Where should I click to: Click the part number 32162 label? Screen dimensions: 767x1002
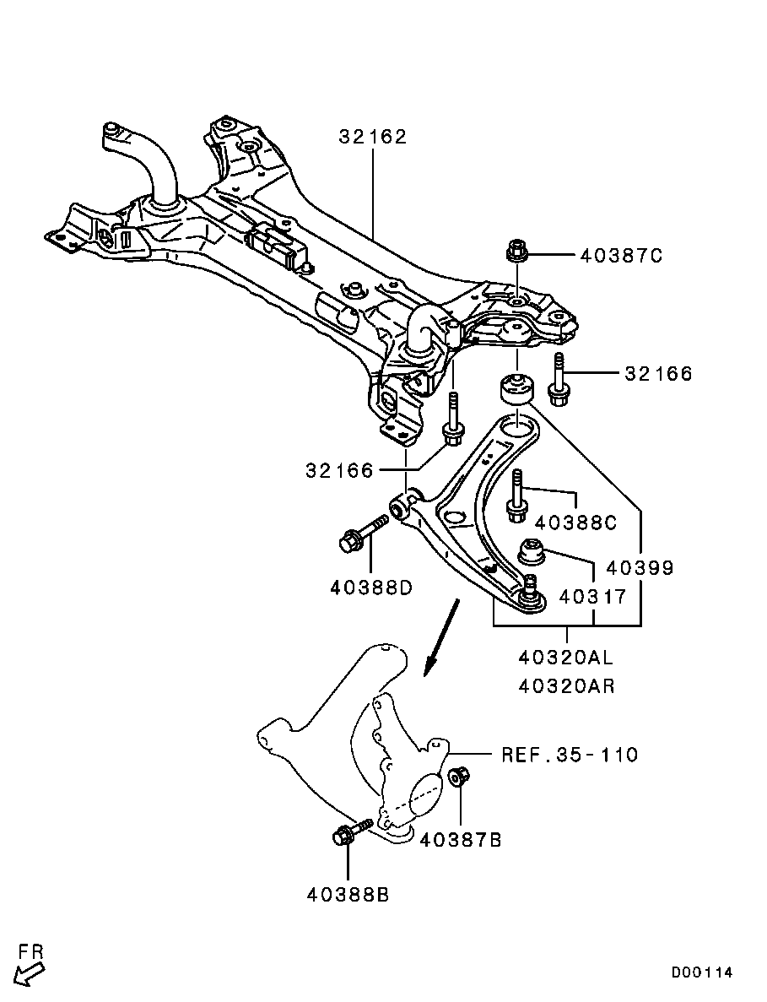(x=372, y=136)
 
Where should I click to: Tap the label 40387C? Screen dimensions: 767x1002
(x=621, y=256)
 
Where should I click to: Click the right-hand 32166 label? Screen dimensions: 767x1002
(x=658, y=373)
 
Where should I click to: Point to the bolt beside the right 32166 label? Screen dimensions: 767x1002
(x=558, y=376)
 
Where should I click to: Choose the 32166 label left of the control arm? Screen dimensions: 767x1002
(x=339, y=471)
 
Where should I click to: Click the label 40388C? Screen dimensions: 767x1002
(x=575, y=523)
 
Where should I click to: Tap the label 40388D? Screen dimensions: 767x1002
(x=371, y=586)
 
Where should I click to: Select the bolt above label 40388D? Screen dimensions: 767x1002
(x=361, y=535)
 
